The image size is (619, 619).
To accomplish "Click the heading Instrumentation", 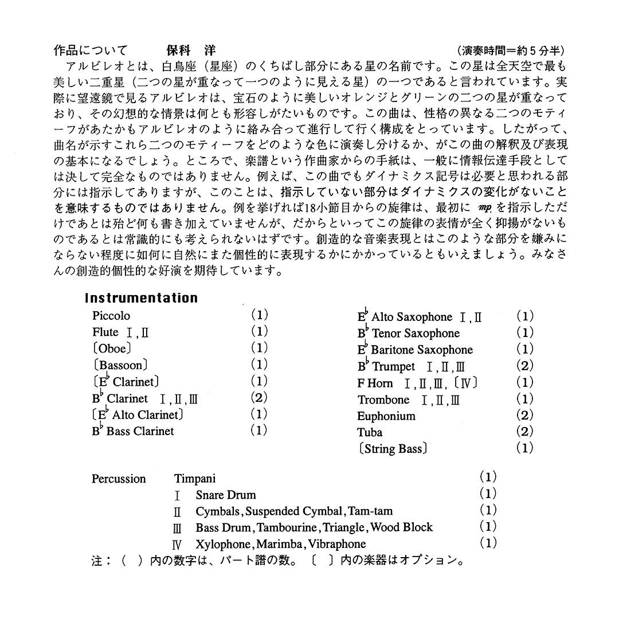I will tap(141, 298).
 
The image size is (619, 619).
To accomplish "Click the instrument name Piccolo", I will tap(111, 316).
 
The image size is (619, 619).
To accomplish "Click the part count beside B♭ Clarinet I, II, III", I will tap(259, 398).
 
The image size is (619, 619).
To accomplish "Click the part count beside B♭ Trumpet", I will tap(524, 365).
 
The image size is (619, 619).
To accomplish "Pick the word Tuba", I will tap(370, 432).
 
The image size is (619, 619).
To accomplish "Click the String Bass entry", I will tap(393, 449).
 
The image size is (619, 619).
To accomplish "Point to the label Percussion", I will tap(119, 479).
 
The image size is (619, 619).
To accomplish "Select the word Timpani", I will tap(195, 479).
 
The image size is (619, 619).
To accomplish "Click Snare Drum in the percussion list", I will tap(225, 495).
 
